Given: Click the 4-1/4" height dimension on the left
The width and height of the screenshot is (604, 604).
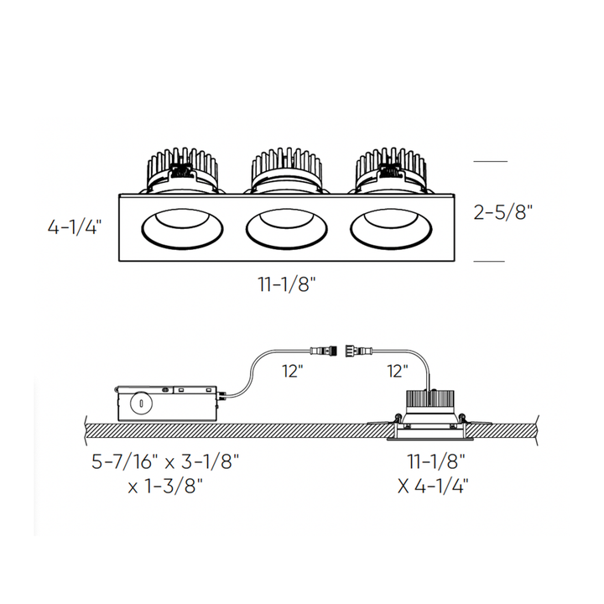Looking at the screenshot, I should click(x=75, y=226).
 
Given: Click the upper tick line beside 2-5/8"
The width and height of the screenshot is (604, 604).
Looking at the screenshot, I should click(x=491, y=159).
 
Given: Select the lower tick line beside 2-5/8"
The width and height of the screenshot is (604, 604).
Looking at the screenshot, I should click(x=491, y=262).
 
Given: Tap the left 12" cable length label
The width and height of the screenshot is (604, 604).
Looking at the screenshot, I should click(x=291, y=370).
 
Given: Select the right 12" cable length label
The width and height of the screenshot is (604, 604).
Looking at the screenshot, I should click(x=397, y=370).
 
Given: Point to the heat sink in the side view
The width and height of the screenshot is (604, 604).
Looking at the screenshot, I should click(x=434, y=402).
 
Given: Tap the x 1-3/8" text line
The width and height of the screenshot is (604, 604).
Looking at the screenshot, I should click(x=166, y=484).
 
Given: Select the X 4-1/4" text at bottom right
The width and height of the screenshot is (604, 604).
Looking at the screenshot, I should click(x=433, y=484).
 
